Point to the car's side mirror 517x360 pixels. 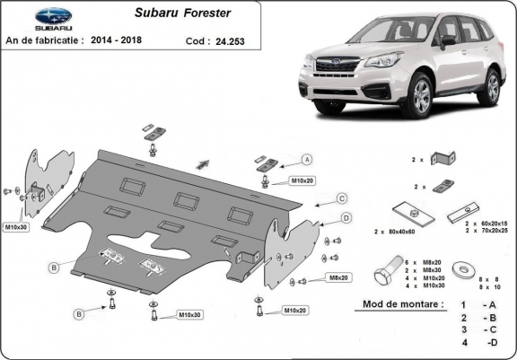[x=447, y=40]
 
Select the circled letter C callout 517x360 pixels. [x=342, y=198]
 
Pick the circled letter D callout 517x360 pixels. [x=346, y=218]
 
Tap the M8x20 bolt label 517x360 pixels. [x=337, y=278]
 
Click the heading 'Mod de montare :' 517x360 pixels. [x=403, y=304]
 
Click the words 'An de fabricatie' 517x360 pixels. [x=44, y=40]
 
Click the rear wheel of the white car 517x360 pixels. [x=491, y=88]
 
